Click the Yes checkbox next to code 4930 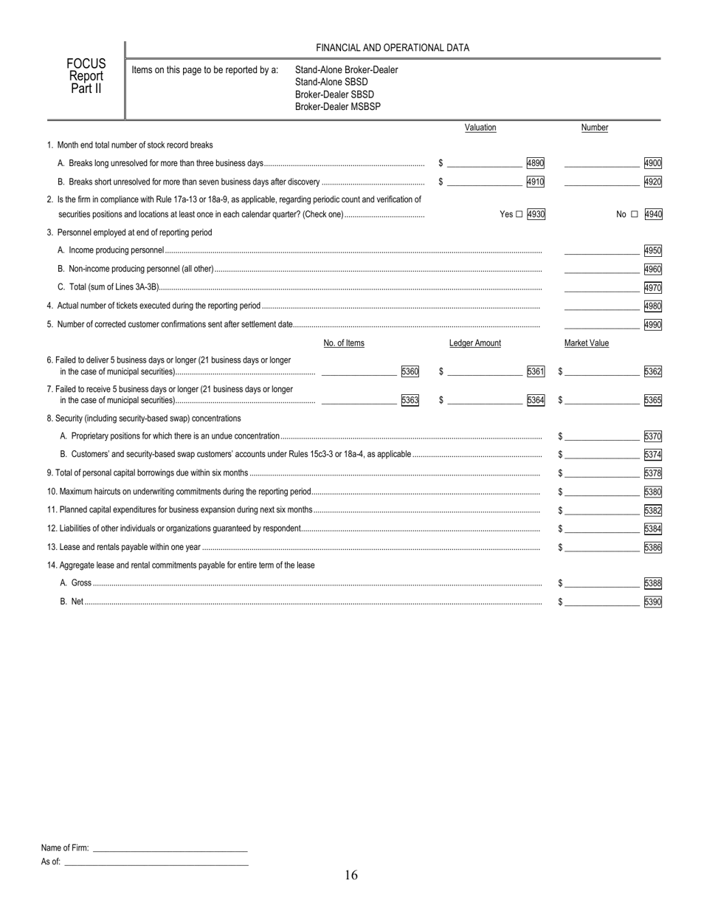click(x=519, y=214)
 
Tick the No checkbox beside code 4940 click(x=634, y=214)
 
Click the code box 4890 click(x=535, y=162)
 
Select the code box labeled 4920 click(x=652, y=181)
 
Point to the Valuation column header click(x=480, y=128)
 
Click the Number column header click(x=594, y=128)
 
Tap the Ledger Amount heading click(x=474, y=343)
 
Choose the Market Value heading click(x=587, y=343)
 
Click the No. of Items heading click(x=344, y=343)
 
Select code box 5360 click(x=410, y=371)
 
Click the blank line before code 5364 click(x=484, y=400)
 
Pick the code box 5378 click(x=652, y=472)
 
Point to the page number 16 click(x=350, y=875)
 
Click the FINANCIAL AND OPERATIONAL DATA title click(x=393, y=48)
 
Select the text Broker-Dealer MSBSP click(x=338, y=106)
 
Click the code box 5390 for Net click(x=652, y=602)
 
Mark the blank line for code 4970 click(x=601, y=288)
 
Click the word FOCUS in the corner click(x=86, y=64)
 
